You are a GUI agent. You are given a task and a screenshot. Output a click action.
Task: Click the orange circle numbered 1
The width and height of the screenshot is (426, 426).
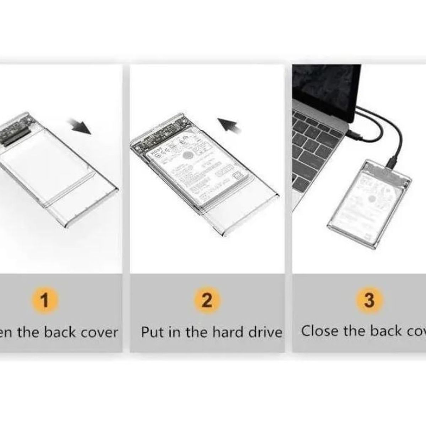pyautogui.click(x=45, y=300)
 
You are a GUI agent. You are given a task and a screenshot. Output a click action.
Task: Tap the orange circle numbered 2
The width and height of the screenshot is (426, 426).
pyautogui.click(x=207, y=300)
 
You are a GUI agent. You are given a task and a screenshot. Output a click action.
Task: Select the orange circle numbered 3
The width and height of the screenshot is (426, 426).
pyautogui.click(x=369, y=300)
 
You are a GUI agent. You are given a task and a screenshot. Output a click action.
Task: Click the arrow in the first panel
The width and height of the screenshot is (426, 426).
pyautogui.click(x=81, y=127)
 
